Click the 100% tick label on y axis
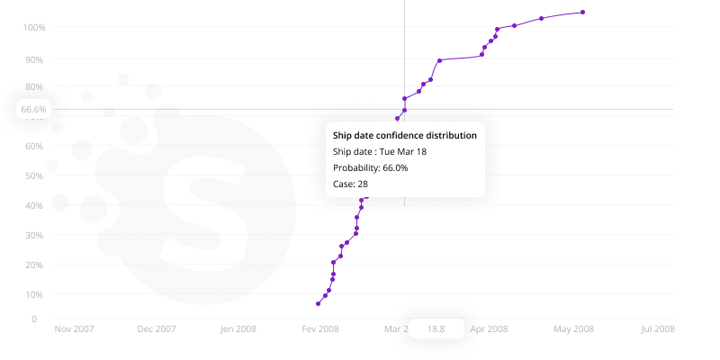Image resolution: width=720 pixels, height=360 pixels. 33,27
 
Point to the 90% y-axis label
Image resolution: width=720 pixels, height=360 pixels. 34,59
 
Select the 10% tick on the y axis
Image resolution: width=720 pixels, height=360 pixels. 34,294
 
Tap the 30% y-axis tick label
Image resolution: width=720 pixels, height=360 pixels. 34,235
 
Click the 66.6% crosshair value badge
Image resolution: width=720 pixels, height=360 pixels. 33,109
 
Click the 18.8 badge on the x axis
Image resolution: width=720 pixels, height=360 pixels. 436,328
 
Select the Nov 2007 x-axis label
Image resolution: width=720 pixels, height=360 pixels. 75,328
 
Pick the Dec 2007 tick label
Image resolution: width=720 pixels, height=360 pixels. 157,328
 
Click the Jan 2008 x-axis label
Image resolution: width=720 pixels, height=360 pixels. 238,328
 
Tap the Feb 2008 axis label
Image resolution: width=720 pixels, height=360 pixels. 320,328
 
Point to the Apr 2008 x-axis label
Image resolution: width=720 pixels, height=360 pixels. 489,328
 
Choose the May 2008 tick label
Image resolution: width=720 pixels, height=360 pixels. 573,328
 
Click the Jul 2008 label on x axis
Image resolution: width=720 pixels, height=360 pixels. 658,328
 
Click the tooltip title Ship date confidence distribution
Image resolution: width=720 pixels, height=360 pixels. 405,135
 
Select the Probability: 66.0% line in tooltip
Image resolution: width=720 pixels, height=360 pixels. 371,167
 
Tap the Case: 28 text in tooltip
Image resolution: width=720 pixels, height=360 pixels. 350,184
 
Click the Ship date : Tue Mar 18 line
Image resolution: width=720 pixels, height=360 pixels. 380,151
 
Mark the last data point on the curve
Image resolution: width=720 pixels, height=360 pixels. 583,12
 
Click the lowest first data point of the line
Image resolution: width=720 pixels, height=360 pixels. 318,303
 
